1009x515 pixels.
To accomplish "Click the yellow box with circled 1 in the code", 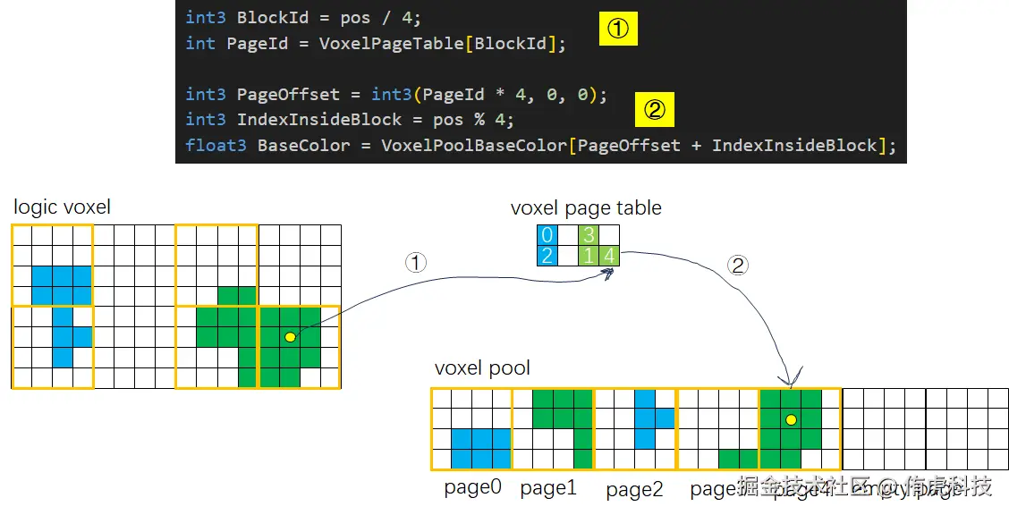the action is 618,30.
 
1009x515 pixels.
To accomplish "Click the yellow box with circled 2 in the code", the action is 654,109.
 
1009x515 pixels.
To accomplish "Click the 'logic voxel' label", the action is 63,207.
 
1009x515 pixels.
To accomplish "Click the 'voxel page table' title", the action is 586,207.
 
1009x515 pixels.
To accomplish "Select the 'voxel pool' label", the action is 482,367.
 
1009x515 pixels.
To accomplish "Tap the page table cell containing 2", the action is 546,256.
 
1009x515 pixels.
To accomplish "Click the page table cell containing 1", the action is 588,256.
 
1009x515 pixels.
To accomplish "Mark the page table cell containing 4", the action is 608,256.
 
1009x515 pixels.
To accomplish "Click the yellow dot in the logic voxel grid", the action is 289,337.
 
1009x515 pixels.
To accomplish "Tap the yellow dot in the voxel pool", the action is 791,419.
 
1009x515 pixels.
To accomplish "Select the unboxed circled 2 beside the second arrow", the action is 737,266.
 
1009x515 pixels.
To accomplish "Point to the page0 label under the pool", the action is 472,488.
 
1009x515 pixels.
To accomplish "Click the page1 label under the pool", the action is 548,488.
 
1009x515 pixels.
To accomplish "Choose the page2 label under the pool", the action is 634,490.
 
